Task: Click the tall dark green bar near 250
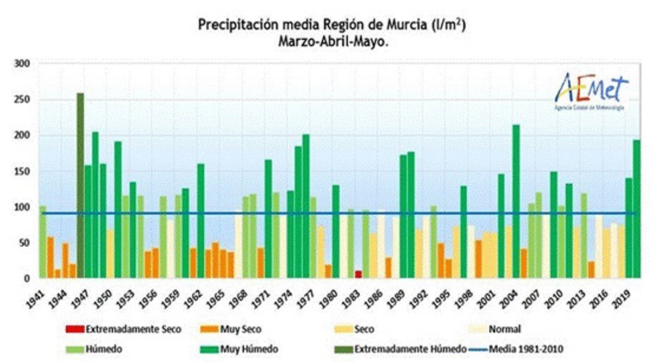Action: tap(80, 185)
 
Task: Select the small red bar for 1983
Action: tap(358, 274)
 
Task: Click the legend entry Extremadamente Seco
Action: tap(123, 329)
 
